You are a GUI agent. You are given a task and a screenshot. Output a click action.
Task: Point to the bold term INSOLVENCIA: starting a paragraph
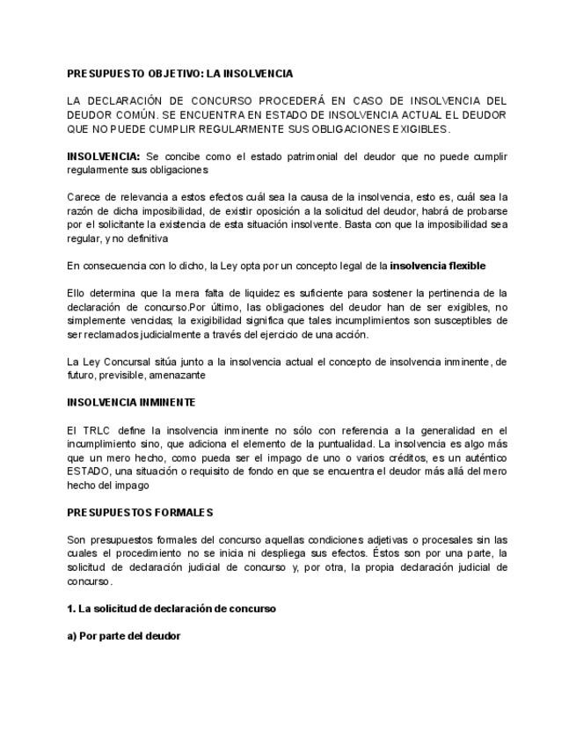[104, 156]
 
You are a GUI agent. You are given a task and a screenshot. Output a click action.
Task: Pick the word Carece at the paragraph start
[83, 197]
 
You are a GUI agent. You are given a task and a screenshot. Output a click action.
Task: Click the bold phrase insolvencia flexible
[437, 266]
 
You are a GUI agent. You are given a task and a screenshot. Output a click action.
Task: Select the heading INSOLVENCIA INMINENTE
[131, 402]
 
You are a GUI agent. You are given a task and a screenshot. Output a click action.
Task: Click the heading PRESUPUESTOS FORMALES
[140, 512]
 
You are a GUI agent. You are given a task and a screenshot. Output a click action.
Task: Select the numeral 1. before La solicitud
[71, 608]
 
